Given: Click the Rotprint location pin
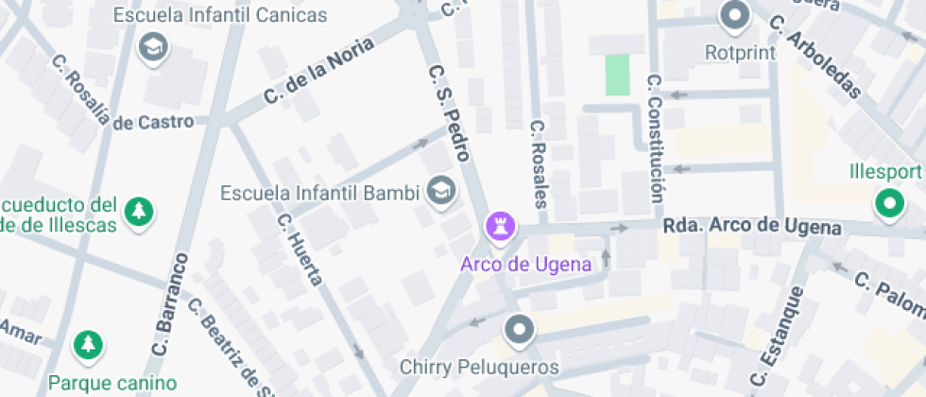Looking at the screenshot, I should click(x=734, y=16).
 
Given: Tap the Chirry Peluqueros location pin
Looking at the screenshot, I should click(x=519, y=331).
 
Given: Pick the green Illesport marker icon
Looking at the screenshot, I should click(x=888, y=202).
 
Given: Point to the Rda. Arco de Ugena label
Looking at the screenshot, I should click(x=751, y=227).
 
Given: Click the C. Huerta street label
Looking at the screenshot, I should click(x=300, y=249).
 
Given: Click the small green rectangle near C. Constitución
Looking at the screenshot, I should click(x=616, y=75).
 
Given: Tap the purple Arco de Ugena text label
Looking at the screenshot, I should click(x=525, y=264).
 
